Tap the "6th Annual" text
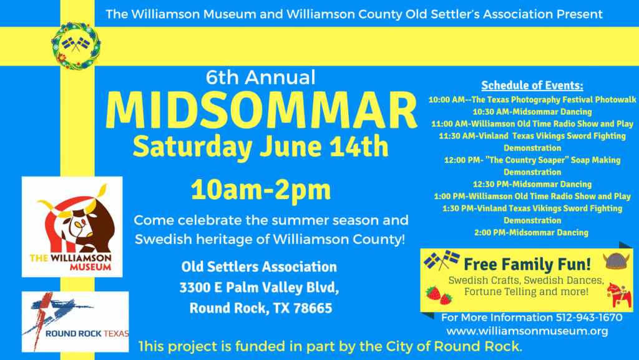(x=260, y=77)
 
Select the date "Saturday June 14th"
(x=260, y=146)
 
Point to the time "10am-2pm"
(x=261, y=190)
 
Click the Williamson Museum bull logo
(x=72, y=227)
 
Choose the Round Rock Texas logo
(x=76, y=322)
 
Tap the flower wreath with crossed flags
(x=76, y=46)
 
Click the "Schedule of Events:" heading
(x=532, y=85)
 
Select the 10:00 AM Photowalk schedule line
(x=532, y=100)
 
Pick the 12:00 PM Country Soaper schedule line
(x=532, y=166)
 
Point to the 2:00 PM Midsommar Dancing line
(x=532, y=233)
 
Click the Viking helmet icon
(x=616, y=261)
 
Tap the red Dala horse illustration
(x=619, y=296)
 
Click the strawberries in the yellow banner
(x=439, y=295)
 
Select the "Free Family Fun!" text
(x=527, y=265)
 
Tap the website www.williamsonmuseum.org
(x=527, y=331)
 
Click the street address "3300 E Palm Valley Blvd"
(x=259, y=288)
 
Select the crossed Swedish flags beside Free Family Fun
(x=442, y=260)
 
